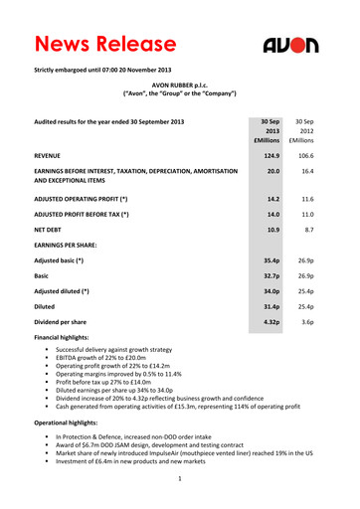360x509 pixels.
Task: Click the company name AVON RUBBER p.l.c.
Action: [179, 89]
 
